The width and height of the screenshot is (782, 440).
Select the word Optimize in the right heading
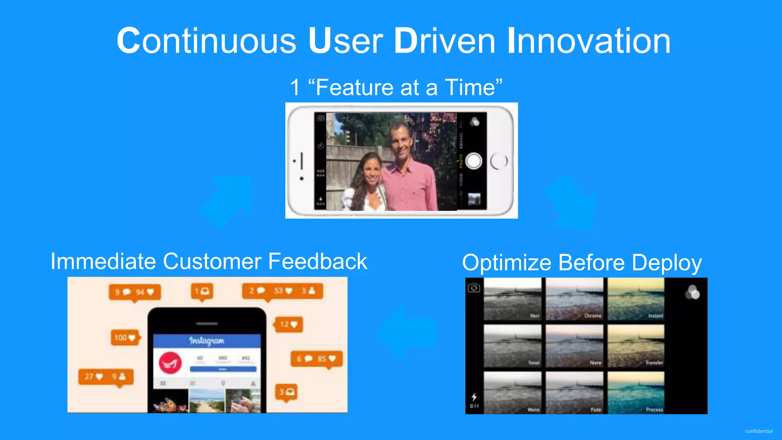pyautogui.click(x=506, y=263)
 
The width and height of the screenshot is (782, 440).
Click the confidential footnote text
pyautogui.click(x=758, y=431)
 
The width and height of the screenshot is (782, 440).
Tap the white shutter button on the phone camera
pyautogui.click(x=473, y=161)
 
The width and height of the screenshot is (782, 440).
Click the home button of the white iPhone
pyautogui.click(x=499, y=161)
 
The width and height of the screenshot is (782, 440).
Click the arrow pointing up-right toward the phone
pyautogui.click(x=229, y=201)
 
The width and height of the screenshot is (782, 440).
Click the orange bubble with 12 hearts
pyautogui.click(x=289, y=325)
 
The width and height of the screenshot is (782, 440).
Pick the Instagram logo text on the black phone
pyautogui.click(x=207, y=340)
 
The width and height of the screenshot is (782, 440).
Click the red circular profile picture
pyautogui.click(x=170, y=362)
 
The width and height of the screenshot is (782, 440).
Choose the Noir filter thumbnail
pyautogui.click(x=512, y=299)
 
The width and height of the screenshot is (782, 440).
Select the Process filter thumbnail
pyautogui.click(x=636, y=393)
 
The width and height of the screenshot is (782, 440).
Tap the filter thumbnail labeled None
pyautogui.click(x=574, y=346)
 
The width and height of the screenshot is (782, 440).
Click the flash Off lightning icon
pyautogui.click(x=474, y=397)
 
